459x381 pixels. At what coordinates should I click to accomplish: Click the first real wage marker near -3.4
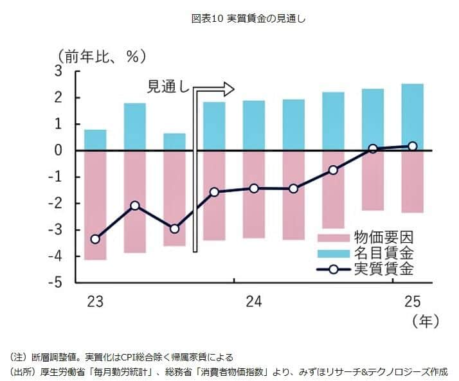point(95,239)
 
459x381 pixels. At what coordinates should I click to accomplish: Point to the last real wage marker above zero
point(412,146)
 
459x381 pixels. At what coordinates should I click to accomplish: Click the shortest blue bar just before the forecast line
point(174,142)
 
